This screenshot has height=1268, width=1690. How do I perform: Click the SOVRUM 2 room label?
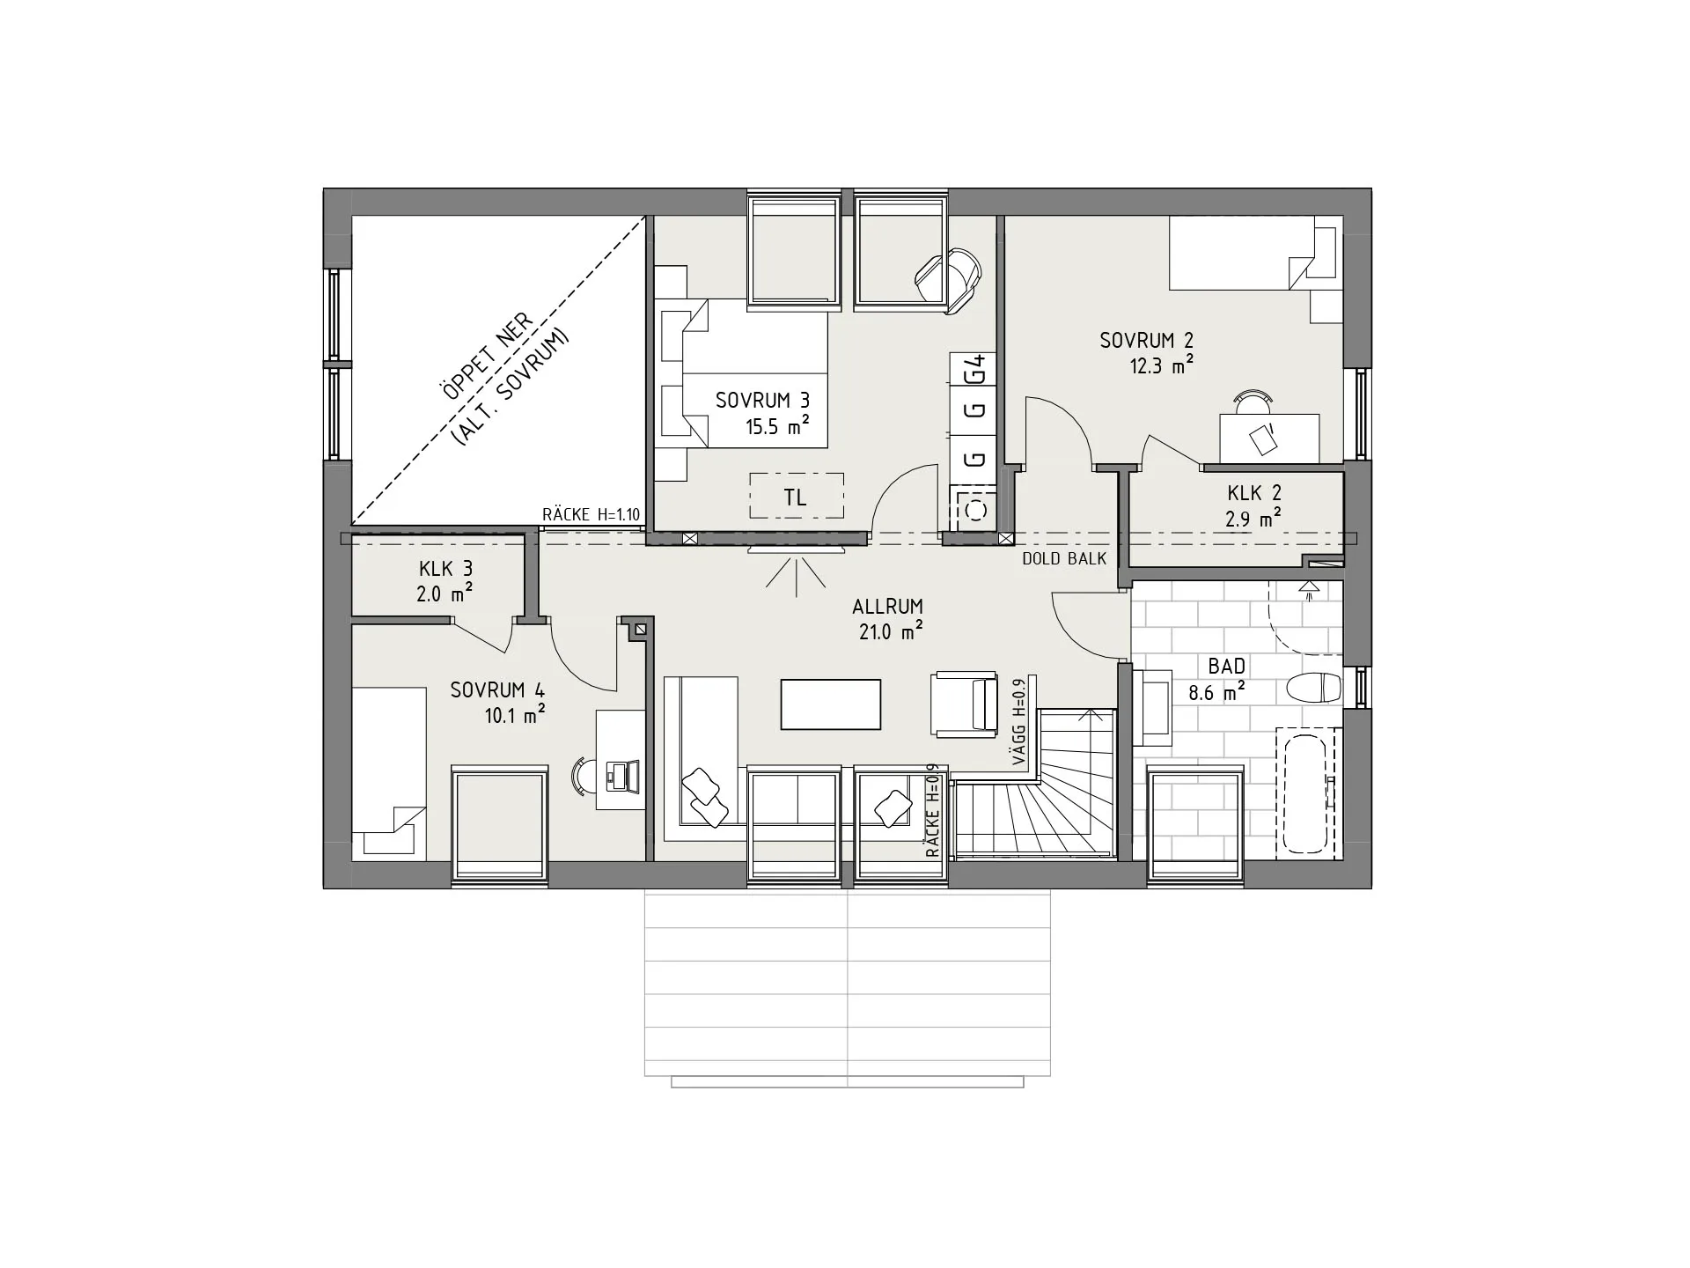[1146, 340]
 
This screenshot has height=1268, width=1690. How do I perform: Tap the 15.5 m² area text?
[777, 427]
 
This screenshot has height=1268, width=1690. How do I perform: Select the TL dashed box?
[797, 497]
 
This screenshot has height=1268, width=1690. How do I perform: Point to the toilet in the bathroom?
[1314, 687]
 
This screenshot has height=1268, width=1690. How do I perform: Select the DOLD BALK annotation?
[1064, 558]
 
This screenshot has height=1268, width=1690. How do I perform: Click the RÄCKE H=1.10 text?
[591, 515]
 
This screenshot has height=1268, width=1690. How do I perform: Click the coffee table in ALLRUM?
[831, 704]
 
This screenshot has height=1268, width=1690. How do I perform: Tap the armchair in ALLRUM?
[964, 702]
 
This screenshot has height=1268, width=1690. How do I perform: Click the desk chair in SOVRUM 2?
[1252, 402]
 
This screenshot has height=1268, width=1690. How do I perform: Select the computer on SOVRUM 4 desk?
[620, 775]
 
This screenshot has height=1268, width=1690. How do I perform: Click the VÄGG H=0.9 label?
[1020, 721]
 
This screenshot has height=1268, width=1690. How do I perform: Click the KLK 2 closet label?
[1254, 493]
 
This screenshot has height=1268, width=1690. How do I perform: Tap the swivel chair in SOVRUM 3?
[947, 277]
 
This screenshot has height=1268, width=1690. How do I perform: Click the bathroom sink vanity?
[1152, 707]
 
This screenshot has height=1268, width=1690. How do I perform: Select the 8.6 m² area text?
[1217, 692]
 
